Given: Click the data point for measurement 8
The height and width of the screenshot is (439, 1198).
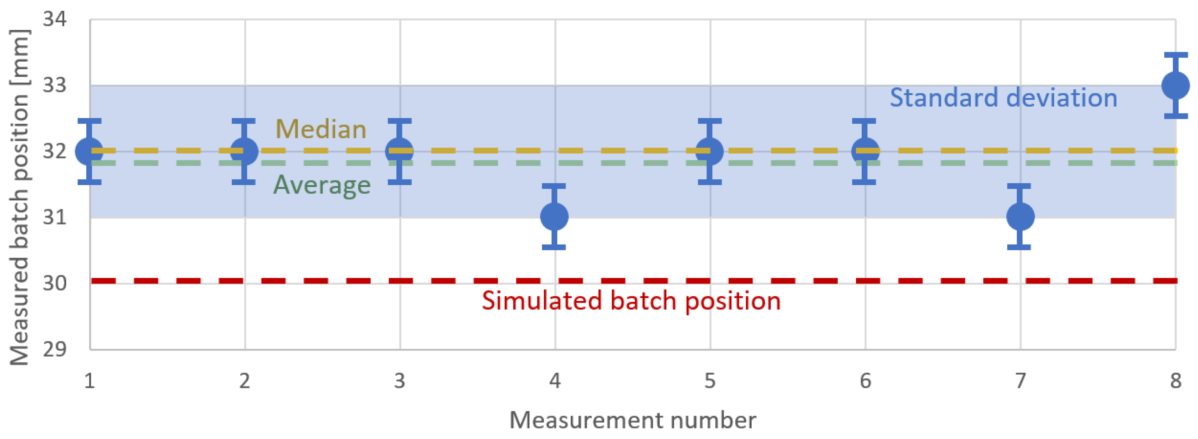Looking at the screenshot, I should pos(1175,86).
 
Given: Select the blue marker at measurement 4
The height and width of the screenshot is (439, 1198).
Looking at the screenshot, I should pos(554,216).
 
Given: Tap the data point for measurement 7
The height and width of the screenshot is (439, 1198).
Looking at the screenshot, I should pos(1020,216).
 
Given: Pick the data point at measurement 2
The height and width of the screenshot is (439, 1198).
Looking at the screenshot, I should pos(244,151).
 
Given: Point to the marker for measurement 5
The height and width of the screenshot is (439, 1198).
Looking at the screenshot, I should pos(710,151).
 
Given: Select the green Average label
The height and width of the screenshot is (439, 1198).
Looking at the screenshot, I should pos(322,185).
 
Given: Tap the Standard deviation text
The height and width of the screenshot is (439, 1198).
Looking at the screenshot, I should pos(1003,98).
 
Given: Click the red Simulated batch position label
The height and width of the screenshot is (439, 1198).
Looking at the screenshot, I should pos(631,300).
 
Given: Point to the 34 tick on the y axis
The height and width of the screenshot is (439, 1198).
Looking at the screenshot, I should pos(55,19).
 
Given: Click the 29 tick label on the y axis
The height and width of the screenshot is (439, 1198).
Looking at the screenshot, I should pos(55,349).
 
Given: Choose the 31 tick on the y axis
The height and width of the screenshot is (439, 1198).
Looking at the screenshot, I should pos(55,217).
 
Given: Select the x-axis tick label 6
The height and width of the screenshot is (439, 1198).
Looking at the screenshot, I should pos(865,381).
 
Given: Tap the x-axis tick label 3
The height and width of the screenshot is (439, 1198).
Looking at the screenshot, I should pos(399,381).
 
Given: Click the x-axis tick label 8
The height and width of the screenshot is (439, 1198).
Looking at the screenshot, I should pos(1175,381).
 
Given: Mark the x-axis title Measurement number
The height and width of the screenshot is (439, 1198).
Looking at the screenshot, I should pos(632,420).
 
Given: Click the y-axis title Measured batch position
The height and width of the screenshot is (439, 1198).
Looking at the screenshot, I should pos(20,198).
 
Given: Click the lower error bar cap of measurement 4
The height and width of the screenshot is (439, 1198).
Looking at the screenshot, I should pos(554,247).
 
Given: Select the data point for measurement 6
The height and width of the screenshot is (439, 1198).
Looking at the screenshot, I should pos(865,151).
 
